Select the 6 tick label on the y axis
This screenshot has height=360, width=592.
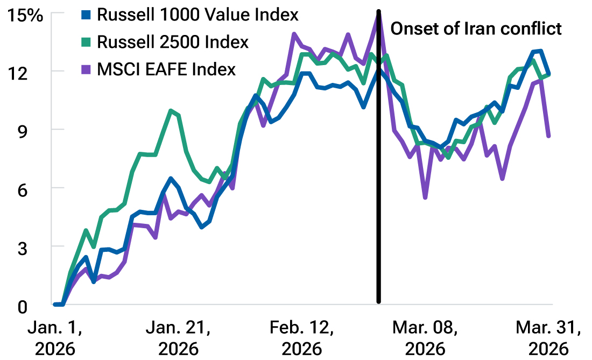click(x=36, y=188)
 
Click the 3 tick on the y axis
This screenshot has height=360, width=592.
click(x=36, y=246)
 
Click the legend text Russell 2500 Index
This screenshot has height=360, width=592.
click(x=172, y=43)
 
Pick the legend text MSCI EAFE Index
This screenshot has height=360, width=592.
click(x=166, y=70)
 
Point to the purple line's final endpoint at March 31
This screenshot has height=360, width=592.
click(x=548, y=136)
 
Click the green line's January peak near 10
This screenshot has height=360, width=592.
click(x=171, y=111)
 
